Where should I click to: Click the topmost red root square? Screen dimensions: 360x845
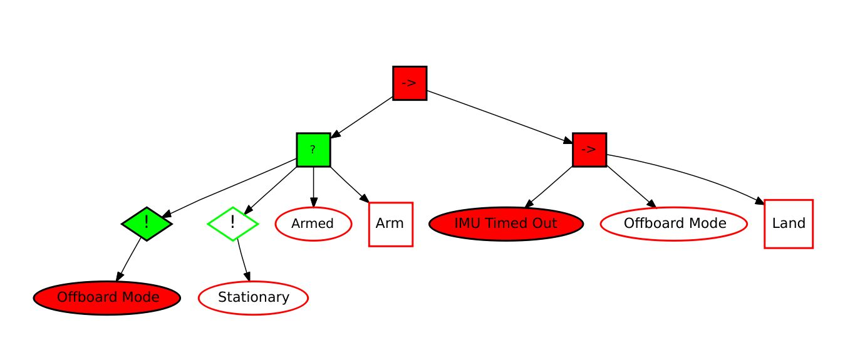[x=410, y=83]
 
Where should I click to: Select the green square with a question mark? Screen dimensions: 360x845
[x=313, y=150]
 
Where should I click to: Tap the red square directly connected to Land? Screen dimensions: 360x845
[x=589, y=150]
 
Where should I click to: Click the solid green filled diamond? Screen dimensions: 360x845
[x=147, y=224]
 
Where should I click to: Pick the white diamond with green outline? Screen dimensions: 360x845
[x=233, y=224]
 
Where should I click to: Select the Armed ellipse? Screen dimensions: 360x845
[x=313, y=224]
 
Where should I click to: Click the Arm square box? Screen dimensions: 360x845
[x=390, y=224]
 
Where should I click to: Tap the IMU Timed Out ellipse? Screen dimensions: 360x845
[x=506, y=224]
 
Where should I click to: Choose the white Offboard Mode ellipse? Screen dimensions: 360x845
[x=674, y=224]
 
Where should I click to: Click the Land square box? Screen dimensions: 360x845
[x=789, y=224]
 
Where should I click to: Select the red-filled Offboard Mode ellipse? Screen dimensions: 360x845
[x=107, y=297]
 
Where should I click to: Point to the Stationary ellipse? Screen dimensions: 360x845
[x=254, y=297]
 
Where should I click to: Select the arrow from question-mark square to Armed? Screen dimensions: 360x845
[x=313, y=187]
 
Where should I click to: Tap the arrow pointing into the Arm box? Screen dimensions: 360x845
[x=350, y=185]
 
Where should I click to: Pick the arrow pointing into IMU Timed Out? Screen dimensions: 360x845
[x=549, y=187]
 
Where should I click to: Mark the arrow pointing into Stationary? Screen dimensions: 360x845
[x=243, y=260]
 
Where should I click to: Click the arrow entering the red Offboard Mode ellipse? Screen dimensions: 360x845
[x=131, y=260]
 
